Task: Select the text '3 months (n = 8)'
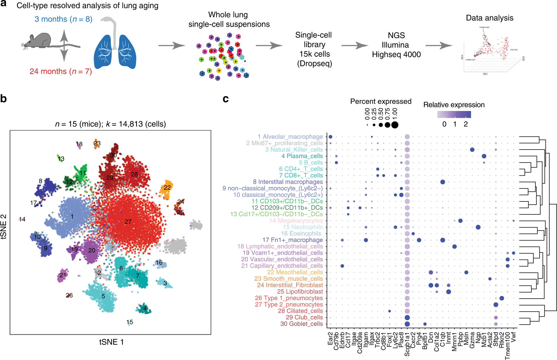[x=63, y=19]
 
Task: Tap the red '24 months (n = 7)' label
[x=61, y=71]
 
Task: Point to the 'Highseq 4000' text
[x=396, y=55]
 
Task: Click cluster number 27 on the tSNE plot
[x=128, y=222]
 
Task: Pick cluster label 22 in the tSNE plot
[x=167, y=187]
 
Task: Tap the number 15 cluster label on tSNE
[x=130, y=322]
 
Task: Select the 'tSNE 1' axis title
[x=111, y=342]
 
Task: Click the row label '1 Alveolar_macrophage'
[x=290, y=137]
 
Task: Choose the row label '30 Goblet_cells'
[x=302, y=324]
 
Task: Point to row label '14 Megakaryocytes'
[x=296, y=221]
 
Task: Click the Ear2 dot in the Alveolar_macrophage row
[x=330, y=137]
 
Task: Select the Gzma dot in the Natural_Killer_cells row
[x=472, y=150]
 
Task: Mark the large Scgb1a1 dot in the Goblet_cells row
[x=407, y=324]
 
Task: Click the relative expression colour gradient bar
[x=454, y=114]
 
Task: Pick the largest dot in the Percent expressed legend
[x=395, y=125]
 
